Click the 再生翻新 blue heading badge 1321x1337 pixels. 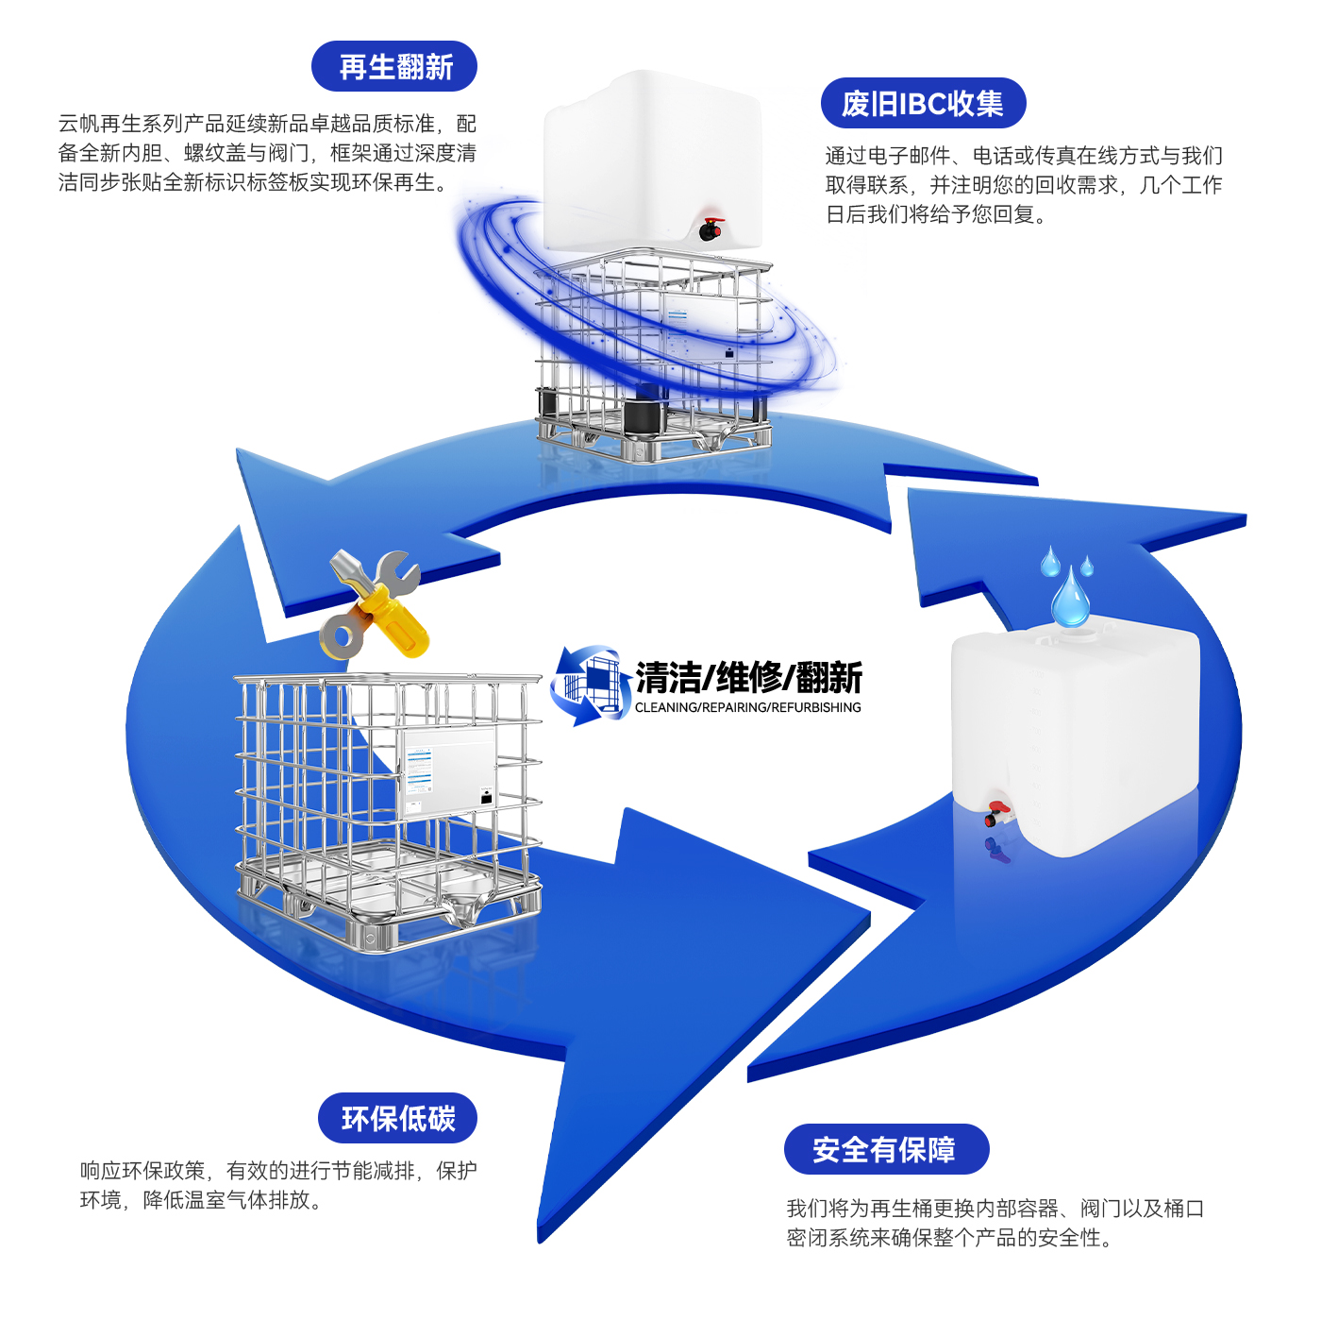click(394, 67)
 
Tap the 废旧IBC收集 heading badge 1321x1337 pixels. click(922, 104)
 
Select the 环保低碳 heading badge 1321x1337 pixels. click(397, 1119)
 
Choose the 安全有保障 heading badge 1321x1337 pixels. click(885, 1149)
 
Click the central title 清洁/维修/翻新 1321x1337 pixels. click(748, 677)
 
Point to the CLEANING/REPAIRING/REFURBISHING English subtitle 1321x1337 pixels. click(747, 707)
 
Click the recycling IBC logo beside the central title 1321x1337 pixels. click(590, 685)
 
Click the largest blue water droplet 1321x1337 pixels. click(1070, 599)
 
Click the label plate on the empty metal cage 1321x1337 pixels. click(446, 770)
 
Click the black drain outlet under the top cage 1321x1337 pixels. click(646, 415)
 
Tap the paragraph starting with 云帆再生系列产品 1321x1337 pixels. click(267, 153)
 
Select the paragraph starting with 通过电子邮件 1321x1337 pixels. click(1024, 185)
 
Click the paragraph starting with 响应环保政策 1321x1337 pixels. click(278, 1185)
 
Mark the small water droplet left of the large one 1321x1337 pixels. click(1049, 564)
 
